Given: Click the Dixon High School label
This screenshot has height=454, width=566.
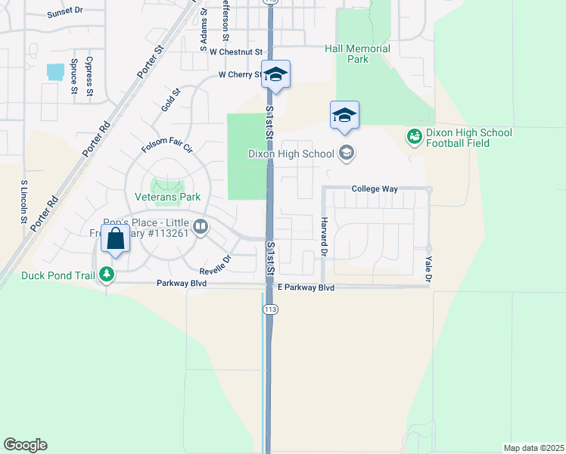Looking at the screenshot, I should click(291, 154).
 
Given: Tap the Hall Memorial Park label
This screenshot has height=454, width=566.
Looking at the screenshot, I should click(357, 54).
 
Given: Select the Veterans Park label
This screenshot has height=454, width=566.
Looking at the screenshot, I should click(167, 197).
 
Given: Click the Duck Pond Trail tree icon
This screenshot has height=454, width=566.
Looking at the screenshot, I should click(107, 275).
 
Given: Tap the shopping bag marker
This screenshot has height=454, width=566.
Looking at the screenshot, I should click(115, 240).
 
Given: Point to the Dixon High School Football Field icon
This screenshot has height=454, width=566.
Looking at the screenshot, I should click(414, 137).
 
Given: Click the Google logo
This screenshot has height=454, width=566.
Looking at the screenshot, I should click(25, 445).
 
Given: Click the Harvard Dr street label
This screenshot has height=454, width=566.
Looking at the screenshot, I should click(323, 235).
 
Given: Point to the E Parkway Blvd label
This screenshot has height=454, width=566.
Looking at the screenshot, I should click(306, 288).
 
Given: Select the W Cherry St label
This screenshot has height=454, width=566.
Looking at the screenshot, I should click(240, 75).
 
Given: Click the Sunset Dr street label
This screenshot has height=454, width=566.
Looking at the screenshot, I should click(64, 14).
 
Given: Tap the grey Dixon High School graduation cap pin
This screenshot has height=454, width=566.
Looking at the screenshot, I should click(347, 154).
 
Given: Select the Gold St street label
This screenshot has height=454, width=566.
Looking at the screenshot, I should click(171, 101).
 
